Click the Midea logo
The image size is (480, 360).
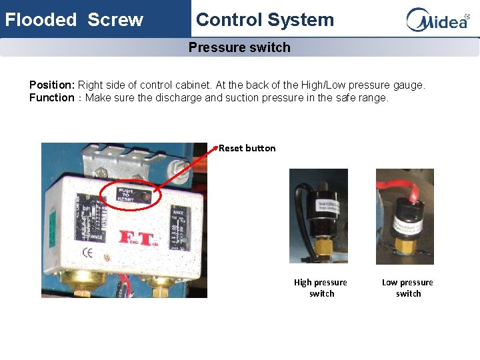coord(437,19)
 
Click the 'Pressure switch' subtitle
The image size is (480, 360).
coord(239,47)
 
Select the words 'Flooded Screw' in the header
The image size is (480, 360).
coord(74,19)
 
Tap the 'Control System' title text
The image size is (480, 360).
coord(265,19)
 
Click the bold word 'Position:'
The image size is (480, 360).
coord(52,85)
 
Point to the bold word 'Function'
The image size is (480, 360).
coord(52,98)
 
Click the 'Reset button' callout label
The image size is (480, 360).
coord(247,148)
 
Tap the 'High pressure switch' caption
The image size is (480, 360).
coord(321,288)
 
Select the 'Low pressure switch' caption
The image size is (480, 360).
coord(407,288)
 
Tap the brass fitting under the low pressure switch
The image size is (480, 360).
coord(404,244)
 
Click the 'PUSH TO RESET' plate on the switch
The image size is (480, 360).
coord(126,195)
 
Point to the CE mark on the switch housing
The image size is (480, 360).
coord(87,253)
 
